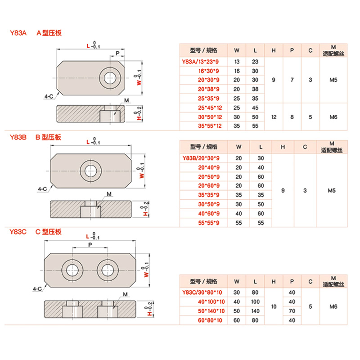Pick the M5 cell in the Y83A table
coord(333,80)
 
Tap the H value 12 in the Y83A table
coord(274,117)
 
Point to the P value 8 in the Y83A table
coord(292,117)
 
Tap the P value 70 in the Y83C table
coord(292,311)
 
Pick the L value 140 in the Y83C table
coord(255,311)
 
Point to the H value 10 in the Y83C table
coord(274,306)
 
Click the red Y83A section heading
coord(18,33)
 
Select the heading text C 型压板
coord(48,232)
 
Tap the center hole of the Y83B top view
coord(90,171)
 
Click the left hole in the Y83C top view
coord(72,270)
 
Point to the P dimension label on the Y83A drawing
coord(117,53)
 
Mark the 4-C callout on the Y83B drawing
coord(42,189)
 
